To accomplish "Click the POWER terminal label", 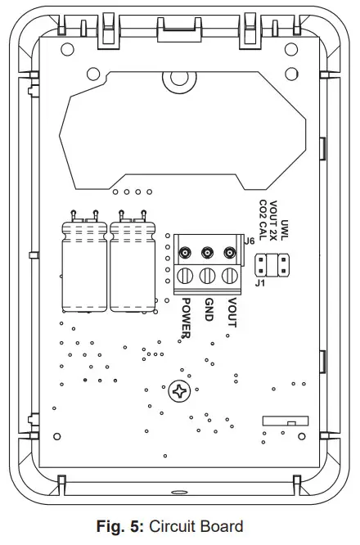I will [x=187, y=318].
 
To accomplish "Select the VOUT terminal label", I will [x=232, y=313].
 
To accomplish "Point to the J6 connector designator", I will [x=250, y=241].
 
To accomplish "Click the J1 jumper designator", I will [x=261, y=284].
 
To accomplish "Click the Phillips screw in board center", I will [x=178, y=392].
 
